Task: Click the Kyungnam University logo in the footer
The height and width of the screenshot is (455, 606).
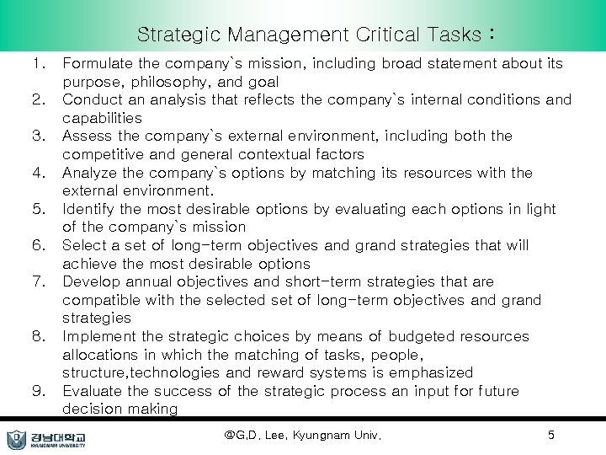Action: [x=50, y=438]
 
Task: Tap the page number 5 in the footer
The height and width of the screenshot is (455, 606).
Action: [x=550, y=436]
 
